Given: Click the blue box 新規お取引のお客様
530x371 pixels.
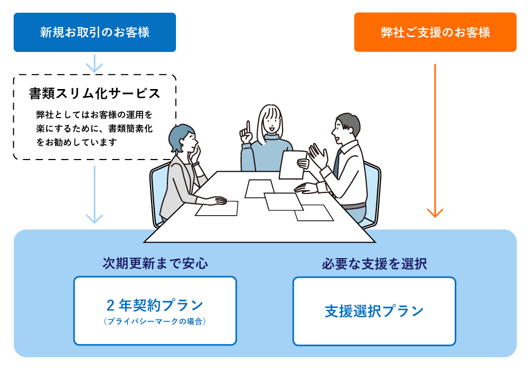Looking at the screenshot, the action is (x=95, y=32).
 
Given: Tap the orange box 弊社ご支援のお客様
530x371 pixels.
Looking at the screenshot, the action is (x=435, y=32).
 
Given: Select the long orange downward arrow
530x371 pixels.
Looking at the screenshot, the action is (x=435, y=140).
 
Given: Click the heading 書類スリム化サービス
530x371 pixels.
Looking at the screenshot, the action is (x=94, y=94).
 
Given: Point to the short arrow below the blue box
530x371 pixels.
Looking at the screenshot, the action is (x=94, y=64).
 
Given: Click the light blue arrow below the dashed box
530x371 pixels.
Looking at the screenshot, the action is (x=94, y=195).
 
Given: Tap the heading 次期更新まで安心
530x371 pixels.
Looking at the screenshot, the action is (x=155, y=263).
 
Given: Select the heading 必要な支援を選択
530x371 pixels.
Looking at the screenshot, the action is (x=374, y=264).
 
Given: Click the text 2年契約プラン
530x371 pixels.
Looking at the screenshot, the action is (x=155, y=305).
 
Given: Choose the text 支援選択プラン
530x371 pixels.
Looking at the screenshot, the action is (x=374, y=311).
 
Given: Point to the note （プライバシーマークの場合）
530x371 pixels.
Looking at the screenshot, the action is (x=155, y=321).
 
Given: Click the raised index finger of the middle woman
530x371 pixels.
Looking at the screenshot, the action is (x=248, y=127).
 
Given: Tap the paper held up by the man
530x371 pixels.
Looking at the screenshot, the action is (x=293, y=165).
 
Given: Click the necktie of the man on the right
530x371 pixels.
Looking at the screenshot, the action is (x=337, y=163).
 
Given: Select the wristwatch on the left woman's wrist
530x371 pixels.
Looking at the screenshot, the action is (x=196, y=164).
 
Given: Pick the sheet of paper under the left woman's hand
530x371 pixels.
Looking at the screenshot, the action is (x=217, y=208).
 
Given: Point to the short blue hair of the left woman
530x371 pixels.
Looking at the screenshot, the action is (x=180, y=137).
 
